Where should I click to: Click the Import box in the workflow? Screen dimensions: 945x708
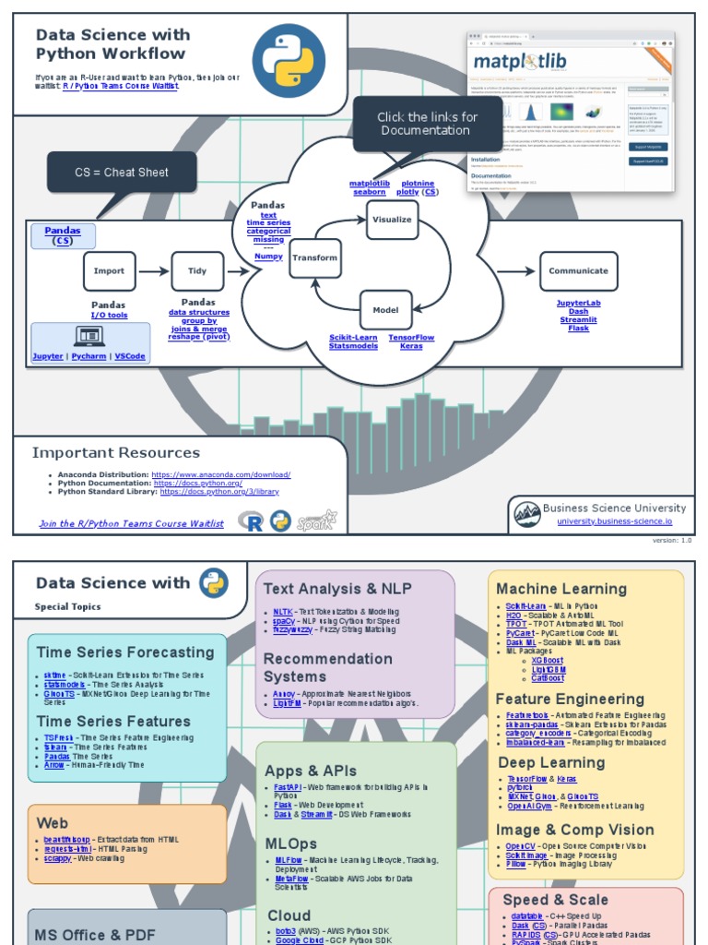pyautogui.click(x=109, y=271)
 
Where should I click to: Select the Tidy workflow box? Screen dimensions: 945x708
pyautogui.click(x=197, y=271)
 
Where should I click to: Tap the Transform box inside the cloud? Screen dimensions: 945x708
pyautogui.click(x=315, y=258)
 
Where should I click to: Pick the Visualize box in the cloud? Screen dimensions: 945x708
pyautogui.click(x=392, y=220)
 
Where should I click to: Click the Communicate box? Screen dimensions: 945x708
pyautogui.click(x=578, y=271)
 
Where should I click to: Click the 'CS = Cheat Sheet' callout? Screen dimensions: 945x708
pyautogui.click(x=122, y=173)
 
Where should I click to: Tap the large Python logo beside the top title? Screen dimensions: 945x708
pyautogui.click(x=289, y=61)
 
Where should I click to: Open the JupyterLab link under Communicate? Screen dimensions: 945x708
pyautogui.click(x=578, y=303)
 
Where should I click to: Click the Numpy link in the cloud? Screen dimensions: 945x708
pyautogui.click(x=268, y=257)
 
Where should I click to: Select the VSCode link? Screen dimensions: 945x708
pyautogui.click(x=130, y=356)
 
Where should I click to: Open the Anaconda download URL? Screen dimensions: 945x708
pyautogui.click(x=220, y=474)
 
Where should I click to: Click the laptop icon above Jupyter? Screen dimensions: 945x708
pyautogui.click(x=89, y=337)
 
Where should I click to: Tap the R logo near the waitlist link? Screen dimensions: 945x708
pyautogui.click(x=251, y=521)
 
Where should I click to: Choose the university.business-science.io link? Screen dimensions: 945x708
pyautogui.click(x=614, y=521)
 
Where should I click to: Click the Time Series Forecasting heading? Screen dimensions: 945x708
pyautogui.click(x=125, y=652)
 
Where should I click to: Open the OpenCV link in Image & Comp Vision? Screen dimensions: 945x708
pyautogui.click(x=520, y=846)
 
